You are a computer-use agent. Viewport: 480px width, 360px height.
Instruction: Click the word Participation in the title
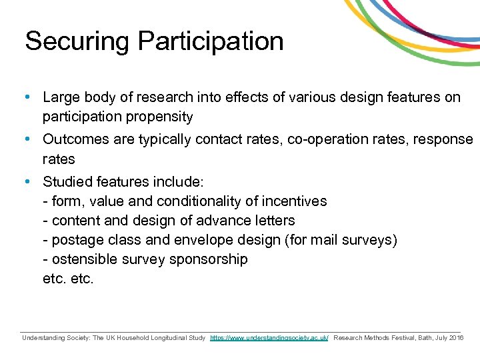point(211,41)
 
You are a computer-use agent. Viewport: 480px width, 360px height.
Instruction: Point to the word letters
point(274,221)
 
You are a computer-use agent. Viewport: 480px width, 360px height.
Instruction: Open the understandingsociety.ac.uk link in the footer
point(269,338)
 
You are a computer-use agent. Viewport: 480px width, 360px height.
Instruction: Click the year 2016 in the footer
point(456,338)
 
